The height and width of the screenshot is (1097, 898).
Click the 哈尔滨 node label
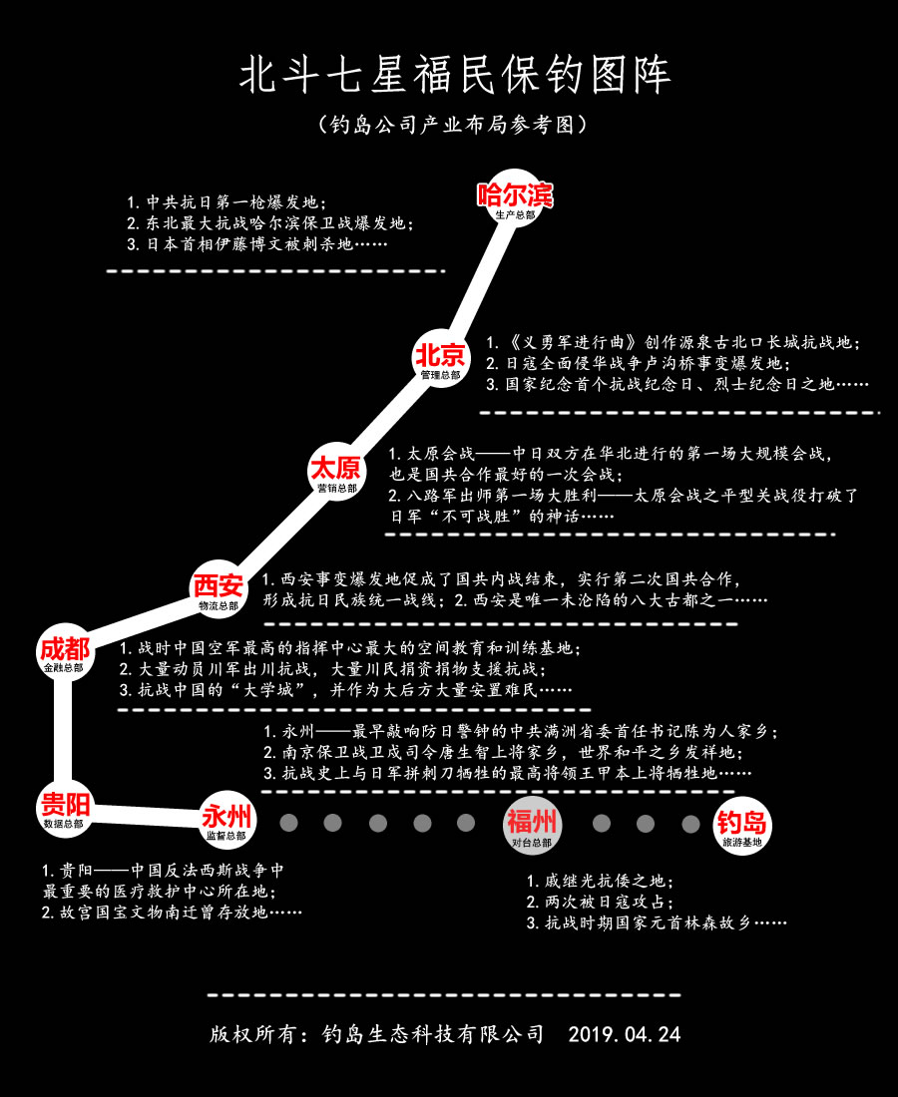point(515,194)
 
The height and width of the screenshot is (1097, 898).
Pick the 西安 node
point(218,588)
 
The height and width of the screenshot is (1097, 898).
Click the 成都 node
point(64,653)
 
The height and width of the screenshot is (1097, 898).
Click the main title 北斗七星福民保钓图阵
point(454,76)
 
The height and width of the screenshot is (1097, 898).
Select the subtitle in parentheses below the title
point(448,126)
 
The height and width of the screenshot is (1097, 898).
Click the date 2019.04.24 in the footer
point(625,1034)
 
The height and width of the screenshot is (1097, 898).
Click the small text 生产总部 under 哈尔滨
point(515,214)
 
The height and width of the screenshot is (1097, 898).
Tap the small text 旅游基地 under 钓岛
point(741,844)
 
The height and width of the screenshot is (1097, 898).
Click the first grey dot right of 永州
point(289,823)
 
